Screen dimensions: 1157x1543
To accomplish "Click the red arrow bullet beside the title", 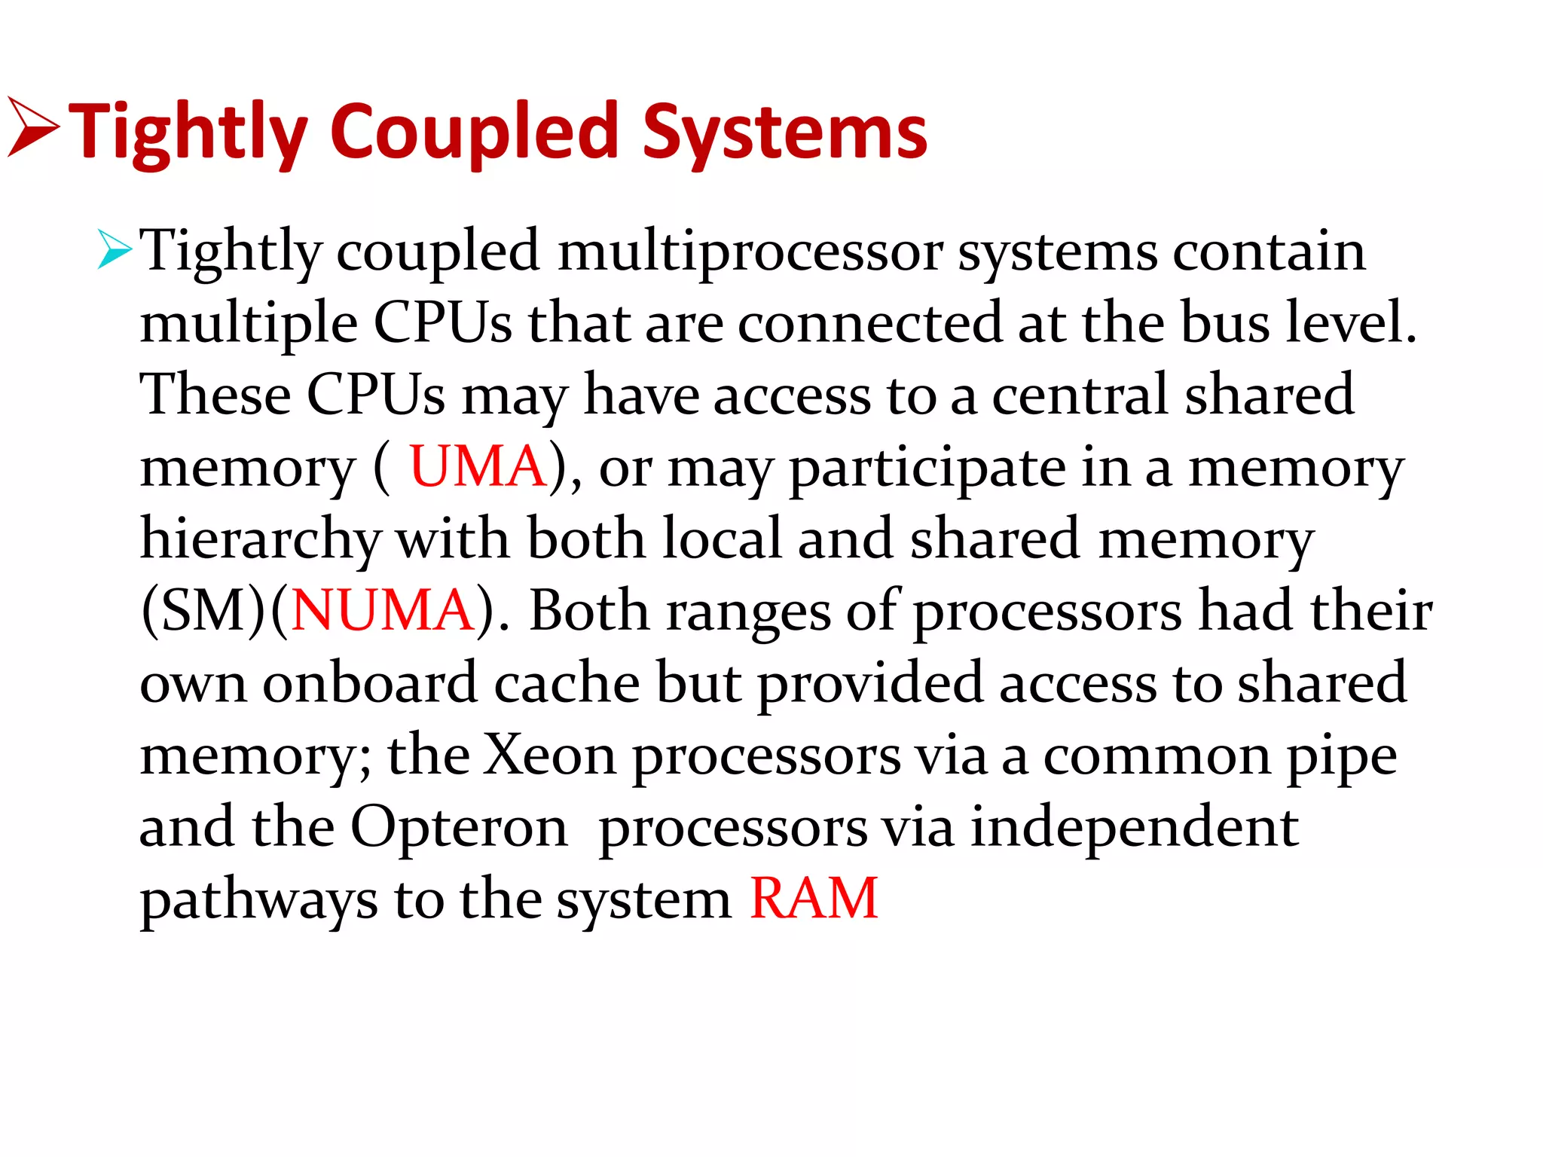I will (32, 127).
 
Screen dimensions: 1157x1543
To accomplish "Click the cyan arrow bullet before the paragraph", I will (115, 251).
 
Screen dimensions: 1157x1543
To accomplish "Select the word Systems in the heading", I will (784, 134).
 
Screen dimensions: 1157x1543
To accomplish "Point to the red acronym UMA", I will (477, 467).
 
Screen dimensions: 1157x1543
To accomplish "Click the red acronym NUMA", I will (382, 611).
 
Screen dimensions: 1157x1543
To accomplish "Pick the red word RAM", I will (814, 899).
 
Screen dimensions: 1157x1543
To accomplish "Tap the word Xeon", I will (550, 755).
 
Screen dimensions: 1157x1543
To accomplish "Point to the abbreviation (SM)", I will (203, 611).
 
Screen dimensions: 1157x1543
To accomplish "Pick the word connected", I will (869, 323).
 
